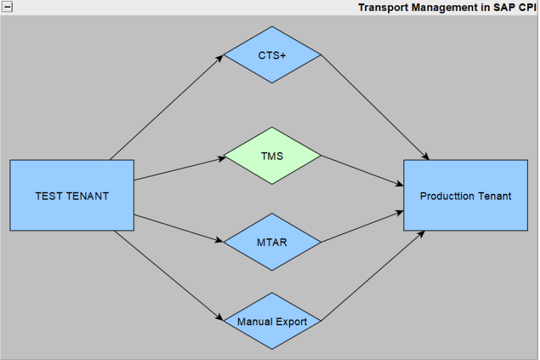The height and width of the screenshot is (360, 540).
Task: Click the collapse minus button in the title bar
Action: point(8,8)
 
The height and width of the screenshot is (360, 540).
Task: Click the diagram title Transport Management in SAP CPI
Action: point(447,8)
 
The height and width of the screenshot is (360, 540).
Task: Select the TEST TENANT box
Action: point(71,195)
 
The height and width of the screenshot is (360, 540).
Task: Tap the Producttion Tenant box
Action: point(465,195)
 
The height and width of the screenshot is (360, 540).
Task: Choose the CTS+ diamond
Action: point(272,55)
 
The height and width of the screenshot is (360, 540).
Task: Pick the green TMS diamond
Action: point(272,156)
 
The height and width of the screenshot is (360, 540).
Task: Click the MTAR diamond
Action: point(272,242)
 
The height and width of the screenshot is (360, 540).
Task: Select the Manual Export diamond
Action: point(272,321)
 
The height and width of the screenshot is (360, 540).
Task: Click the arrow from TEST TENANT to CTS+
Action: point(166,108)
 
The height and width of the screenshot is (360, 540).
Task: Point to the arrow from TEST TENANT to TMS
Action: point(179,168)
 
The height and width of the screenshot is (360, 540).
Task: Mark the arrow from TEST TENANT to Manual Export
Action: point(169,276)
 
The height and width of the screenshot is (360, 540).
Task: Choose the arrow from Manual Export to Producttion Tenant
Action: point(373,276)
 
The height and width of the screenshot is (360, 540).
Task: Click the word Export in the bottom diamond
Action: point(292,321)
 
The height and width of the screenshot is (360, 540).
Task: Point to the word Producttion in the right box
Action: point(447,196)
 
